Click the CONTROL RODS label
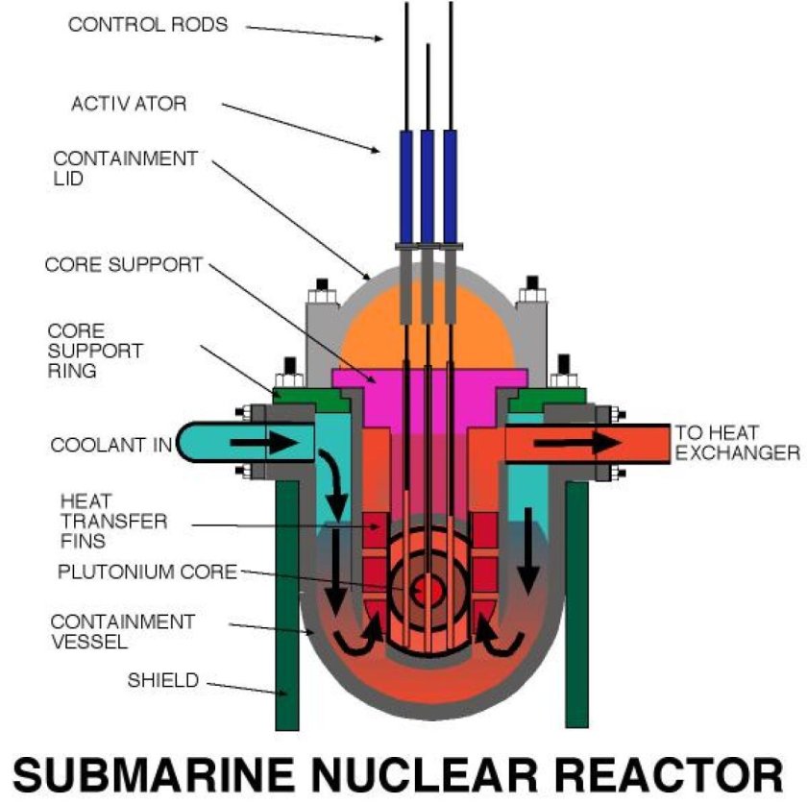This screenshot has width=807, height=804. pyautogui.click(x=148, y=24)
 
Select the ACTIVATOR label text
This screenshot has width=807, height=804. pyautogui.click(x=129, y=102)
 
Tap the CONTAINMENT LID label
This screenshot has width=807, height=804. pyautogui.click(x=125, y=169)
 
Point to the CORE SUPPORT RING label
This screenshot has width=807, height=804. pyautogui.click(x=96, y=351)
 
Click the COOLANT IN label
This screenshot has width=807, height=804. pyautogui.click(x=110, y=445)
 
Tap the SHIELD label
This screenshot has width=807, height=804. pyautogui.click(x=162, y=681)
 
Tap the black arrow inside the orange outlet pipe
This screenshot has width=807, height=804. pyautogui.click(x=576, y=442)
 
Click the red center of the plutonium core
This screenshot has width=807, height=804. pyautogui.click(x=424, y=587)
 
